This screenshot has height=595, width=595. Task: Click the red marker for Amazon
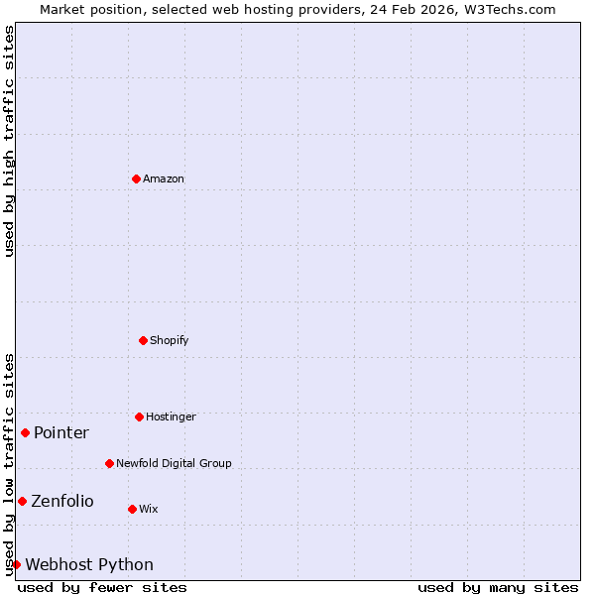click(x=136, y=178)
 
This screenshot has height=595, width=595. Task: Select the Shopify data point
click(x=143, y=340)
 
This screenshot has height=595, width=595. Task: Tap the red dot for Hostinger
click(x=139, y=416)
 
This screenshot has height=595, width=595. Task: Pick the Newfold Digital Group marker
click(x=109, y=463)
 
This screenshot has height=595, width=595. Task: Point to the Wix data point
click(x=132, y=509)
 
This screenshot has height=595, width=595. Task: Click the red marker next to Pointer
click(x=25, y=432)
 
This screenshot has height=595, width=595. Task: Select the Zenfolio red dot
click(x=22, y=501)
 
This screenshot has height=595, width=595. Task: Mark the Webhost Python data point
click(x=16, y=564)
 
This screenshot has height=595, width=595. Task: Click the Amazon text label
click(x=164, y=178)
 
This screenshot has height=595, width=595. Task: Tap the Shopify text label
click(x=170, y=340)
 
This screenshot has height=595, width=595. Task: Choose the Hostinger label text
click(x=171, y=416)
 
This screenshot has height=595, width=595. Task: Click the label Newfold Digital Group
click(x=174, y=463)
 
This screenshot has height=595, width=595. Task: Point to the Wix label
click(x=149, y=509)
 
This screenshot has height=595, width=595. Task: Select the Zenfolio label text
click(x=62, y=501)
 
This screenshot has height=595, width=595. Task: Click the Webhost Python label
click(x=89, y=564)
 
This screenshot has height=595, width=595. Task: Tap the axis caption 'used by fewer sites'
click(x=102, y=587)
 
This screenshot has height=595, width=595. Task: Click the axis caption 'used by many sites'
click(x=498, y=587)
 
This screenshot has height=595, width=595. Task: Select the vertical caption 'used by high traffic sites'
click(x=9, y=141)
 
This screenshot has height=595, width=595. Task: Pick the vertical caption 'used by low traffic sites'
click(x=9, y=464)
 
